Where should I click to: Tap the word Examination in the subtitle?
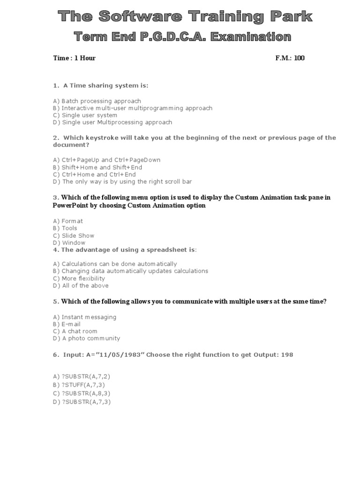(x=251, y=36)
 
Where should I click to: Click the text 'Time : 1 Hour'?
(x=74, y=58)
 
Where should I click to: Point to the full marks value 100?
(x=299, y=58)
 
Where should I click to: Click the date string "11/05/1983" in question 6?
(x=125, y=355)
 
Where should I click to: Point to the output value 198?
(x=287, y=355)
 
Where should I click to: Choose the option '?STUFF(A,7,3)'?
(x=82, y=385)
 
